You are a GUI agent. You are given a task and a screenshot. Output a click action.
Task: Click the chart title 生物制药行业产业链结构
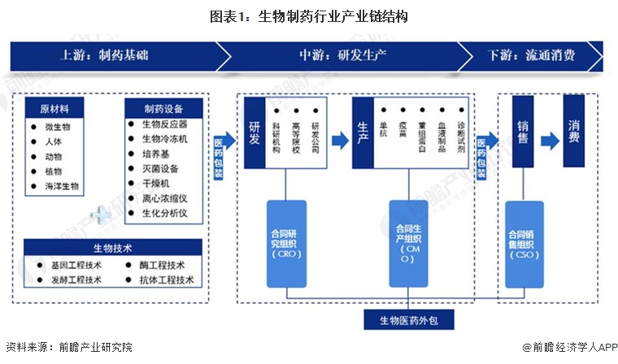[309, 15]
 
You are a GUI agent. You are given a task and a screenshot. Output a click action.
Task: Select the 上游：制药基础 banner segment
[106, 55]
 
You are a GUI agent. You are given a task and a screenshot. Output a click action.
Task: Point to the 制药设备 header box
[163, 109]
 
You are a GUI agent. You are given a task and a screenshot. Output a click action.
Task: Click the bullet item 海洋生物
[62, 186]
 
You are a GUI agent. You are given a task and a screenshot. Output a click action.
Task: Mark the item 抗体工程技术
[167, 279]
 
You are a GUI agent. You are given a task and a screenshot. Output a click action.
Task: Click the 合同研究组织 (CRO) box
[286, 243]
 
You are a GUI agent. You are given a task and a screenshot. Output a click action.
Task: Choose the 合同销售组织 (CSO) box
[524, 243]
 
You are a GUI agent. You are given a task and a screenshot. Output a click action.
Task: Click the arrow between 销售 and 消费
[549, 139]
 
